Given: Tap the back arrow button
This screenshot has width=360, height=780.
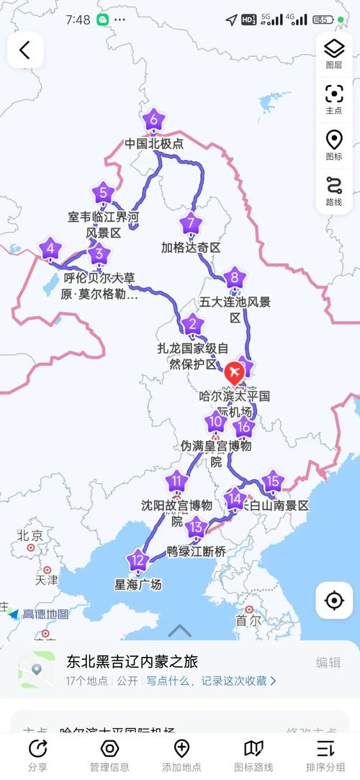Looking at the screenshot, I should click(25, 50).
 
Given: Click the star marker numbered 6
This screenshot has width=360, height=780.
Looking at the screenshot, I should click(153, 120).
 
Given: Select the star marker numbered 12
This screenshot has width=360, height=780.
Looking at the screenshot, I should click(138, 560).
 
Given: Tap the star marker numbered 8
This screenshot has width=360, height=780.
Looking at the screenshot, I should click(233, 278).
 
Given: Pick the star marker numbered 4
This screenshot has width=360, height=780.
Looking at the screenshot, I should click(50, 250).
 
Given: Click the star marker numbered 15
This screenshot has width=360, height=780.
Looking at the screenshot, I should click(271, 481).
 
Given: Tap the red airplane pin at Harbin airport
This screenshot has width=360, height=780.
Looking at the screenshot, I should click(234, 372).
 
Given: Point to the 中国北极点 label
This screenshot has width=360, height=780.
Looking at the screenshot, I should click(154, 143).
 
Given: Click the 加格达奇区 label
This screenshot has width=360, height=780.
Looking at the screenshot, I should click(191, 247).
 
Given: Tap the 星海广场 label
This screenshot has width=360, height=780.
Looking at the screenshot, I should click(138, 584).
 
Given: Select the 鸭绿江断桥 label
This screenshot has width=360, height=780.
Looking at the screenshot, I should click(197, 552).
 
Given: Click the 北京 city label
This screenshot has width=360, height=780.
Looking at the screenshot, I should click(30, 535).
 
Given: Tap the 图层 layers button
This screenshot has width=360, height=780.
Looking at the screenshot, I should click(334, 53).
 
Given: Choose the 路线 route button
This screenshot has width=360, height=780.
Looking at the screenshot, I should click(334, 190).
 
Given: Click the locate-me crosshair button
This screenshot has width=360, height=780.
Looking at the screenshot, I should click(334, 601).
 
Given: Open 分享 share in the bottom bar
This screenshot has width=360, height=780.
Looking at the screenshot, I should click(37, 753).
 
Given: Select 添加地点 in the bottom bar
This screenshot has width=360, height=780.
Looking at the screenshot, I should click(181, 753).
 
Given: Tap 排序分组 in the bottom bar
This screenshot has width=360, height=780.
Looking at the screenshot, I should click(325, 753).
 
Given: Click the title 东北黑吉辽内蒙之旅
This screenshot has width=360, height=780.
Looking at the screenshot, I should click(132, 661).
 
